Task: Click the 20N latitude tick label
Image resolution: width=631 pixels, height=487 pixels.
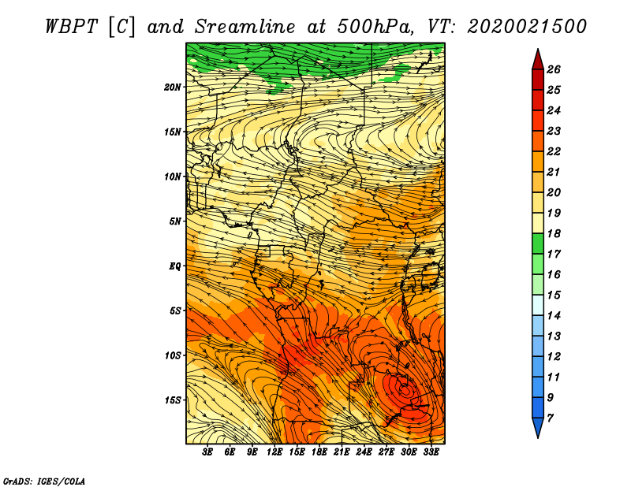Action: coord(173,87)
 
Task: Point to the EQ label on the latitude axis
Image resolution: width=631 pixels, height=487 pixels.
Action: coord(175,266)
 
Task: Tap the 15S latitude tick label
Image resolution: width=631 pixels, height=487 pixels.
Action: coord(173,400)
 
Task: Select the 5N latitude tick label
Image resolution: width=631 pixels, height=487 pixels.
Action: coord(175,221)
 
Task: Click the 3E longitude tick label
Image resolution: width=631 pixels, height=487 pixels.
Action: coord(207,452)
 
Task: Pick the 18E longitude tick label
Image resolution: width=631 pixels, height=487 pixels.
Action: coord(319,452)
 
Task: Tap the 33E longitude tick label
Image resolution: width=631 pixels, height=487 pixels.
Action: coord(431,452)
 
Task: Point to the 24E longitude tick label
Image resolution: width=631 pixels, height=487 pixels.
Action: coord(364,452)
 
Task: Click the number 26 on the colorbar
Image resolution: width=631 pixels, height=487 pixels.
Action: coord(554,69)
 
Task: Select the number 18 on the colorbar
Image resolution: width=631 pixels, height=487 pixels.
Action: coord(554,233)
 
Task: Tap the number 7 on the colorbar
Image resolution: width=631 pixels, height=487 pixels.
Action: coord(550,418)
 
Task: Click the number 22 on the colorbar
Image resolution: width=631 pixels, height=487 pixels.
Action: coord(554,151)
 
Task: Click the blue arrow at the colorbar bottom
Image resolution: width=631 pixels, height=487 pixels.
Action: coord(538,426)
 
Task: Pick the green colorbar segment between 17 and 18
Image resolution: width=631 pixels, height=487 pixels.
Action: coord(538,243)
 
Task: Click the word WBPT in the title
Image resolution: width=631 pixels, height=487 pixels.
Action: coord(71,27)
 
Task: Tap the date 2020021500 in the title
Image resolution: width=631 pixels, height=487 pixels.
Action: coord(527,27)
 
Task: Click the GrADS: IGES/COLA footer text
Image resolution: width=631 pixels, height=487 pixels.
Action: coord(44,481)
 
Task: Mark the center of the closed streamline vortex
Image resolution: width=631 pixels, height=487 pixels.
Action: coord(405,389)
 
